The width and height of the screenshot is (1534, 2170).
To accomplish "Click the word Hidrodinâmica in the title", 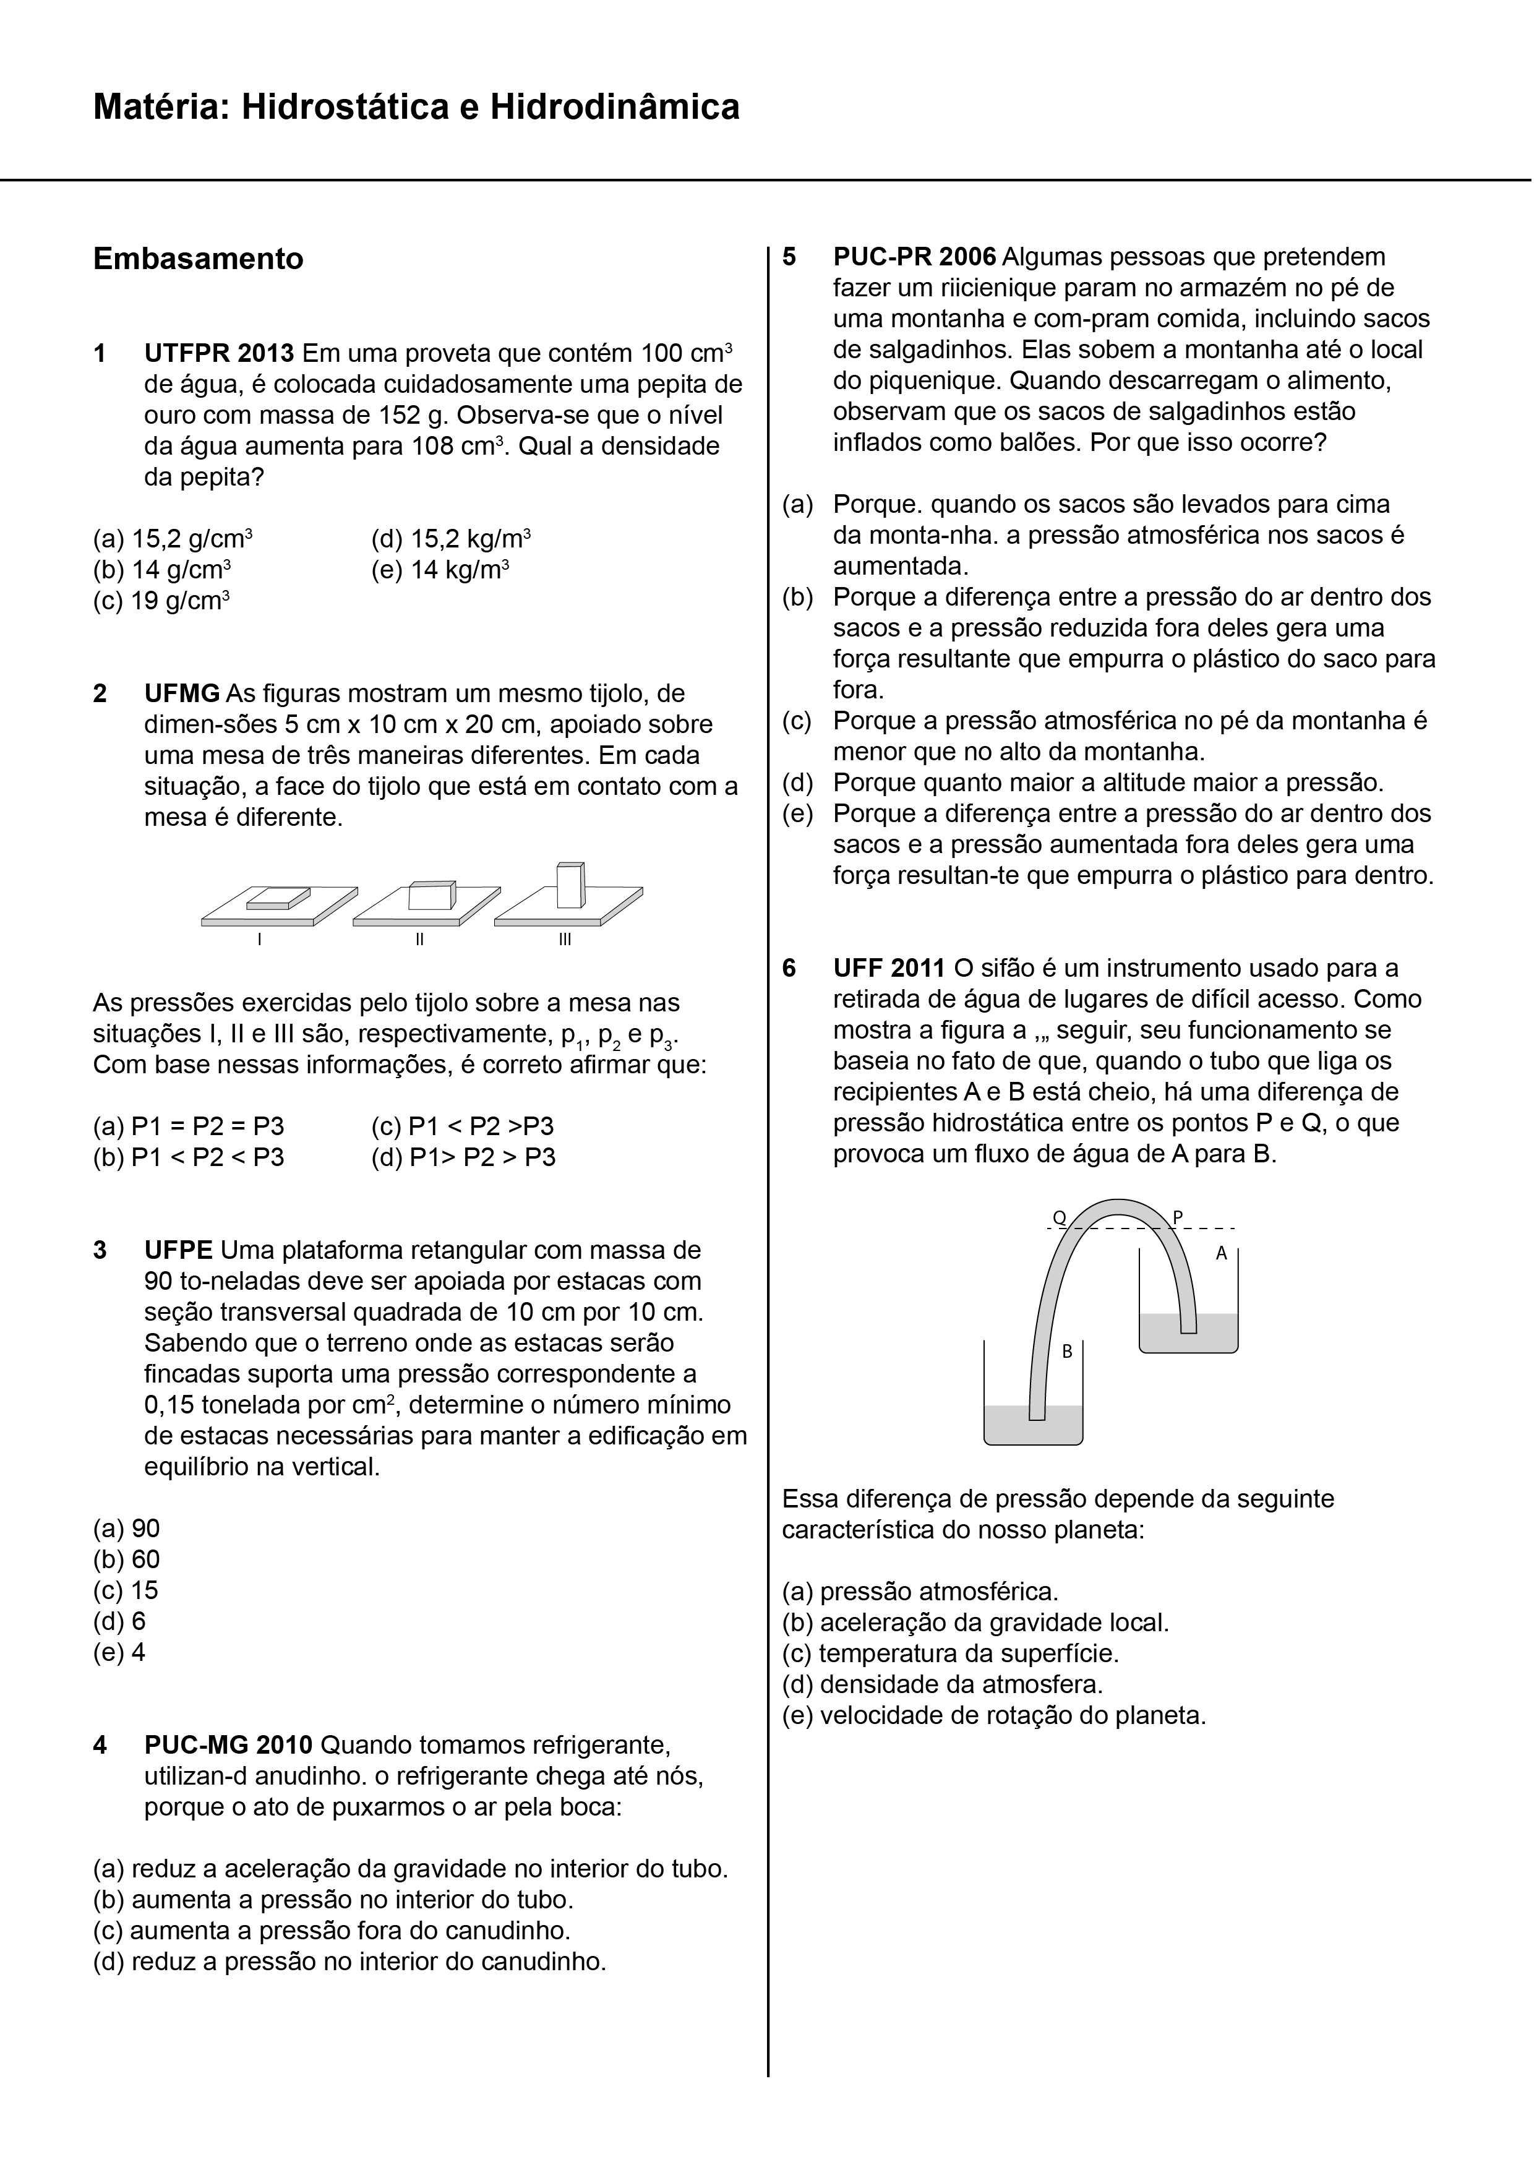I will tap(614, 108).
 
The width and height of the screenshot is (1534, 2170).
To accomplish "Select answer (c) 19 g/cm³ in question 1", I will tap(161, 601).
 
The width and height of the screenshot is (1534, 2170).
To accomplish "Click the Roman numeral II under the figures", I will tap(419, 940).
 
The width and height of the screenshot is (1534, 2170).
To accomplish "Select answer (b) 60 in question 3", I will tap(127, 1559).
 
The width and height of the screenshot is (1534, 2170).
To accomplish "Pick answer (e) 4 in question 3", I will tap(119, 1652).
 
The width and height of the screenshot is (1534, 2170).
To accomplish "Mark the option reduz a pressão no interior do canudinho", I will tap(349, 1962).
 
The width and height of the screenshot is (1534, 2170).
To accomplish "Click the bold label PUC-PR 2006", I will tap(914, 257).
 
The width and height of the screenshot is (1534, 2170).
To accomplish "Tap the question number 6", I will tap(789, 968).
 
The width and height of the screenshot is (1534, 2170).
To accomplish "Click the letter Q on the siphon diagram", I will tap(1060, 1218).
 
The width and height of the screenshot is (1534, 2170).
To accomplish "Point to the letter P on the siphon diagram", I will tap(1176, 1217).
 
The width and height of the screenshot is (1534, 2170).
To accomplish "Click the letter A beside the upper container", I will tap(1220, 1253).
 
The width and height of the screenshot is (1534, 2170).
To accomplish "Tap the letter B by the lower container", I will tap(1067, 1352).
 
